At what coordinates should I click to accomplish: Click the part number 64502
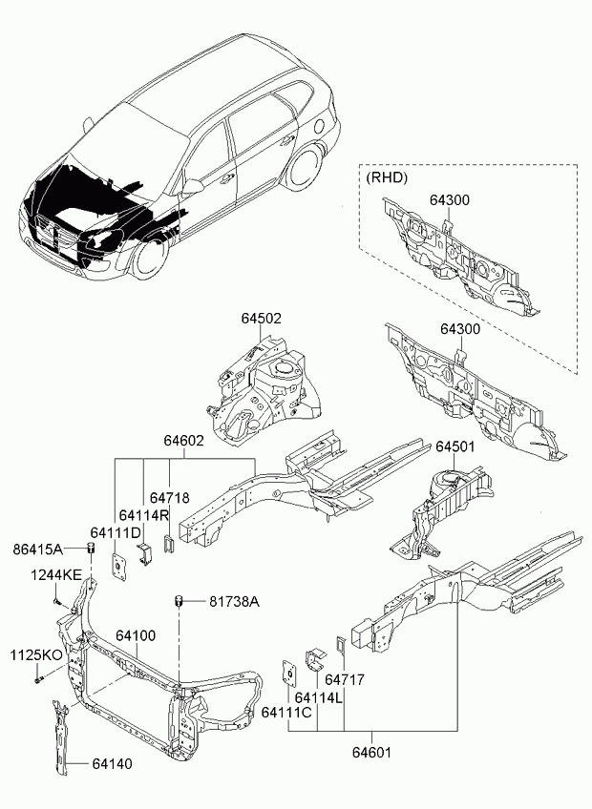pyautogui.click(x=260, y=320)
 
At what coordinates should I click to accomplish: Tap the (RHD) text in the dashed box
pyautogui.click(x=387, y=177)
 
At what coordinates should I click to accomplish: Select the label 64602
pyautogui.click(x=183, y=441)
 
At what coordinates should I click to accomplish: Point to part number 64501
pyautogui.click(x=456, y=446)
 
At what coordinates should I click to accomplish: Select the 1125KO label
pyautogui.click(x=36, y=655)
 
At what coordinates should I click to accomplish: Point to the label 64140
pyautogui.click(x=112, y=764)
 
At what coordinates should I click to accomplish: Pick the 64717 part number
pyautogui.click(x=345, y=680)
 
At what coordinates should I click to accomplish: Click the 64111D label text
pyautogui.click(x=116, y=531)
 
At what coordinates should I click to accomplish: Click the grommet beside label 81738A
pyautogui.click(x=178, y=601)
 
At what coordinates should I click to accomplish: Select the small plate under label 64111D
pyautogui.click(x=120, y=564)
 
